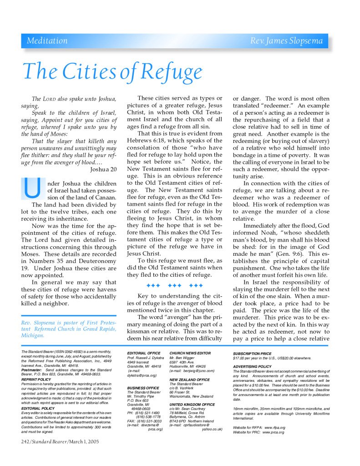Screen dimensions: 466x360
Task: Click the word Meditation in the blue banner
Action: coord(47,41)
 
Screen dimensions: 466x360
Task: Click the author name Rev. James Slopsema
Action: coord(286,41)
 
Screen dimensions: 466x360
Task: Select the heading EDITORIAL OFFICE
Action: coord(143,353)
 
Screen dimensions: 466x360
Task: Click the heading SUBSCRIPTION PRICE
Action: coord(252,353)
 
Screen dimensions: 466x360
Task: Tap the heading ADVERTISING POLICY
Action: coord(253,366)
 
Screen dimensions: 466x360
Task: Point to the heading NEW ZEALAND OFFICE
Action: coord(189,379)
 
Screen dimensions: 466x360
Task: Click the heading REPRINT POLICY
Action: coord(36,379)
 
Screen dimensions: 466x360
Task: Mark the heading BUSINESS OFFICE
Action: coord(142,387)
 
